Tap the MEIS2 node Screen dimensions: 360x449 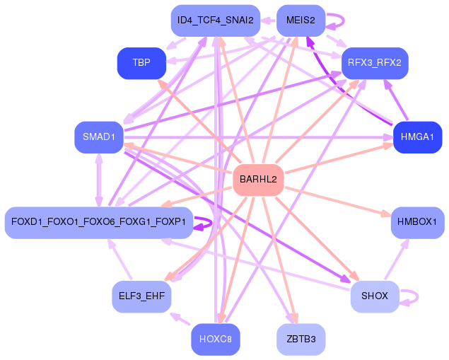(301, 21)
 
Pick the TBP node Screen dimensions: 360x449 (141, 63)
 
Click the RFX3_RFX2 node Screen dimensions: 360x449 (375, 63)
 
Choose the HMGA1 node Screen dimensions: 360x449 (417, 137)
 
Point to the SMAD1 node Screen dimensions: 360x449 (99, 137)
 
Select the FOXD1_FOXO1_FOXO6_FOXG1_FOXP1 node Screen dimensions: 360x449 (98, 223)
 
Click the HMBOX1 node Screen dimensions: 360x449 (417, 223)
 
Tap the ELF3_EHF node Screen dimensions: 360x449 (141, 296)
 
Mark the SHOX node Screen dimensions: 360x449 (375, 296)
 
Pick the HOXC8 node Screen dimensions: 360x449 (216, 339)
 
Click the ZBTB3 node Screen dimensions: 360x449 (301, 339)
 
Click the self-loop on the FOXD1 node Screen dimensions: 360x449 (204, 223)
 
